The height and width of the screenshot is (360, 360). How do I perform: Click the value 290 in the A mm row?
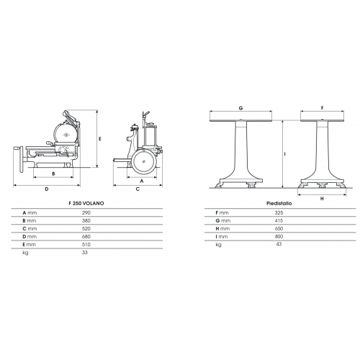point(86,212)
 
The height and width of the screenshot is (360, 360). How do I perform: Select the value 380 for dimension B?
point(86,220)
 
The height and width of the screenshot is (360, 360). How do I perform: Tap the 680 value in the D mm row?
point(86,237)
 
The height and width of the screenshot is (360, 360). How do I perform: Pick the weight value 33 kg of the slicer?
point(85,253)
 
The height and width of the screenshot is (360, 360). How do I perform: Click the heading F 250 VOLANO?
point(86,203)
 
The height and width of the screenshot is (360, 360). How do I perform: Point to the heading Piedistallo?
point(279,203)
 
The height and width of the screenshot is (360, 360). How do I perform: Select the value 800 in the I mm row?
point(279,237)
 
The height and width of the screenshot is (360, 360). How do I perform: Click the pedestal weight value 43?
point(279,244)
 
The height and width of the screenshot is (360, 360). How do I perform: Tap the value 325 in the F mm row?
point(279,212)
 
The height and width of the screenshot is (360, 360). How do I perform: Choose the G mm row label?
point(223,221)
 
